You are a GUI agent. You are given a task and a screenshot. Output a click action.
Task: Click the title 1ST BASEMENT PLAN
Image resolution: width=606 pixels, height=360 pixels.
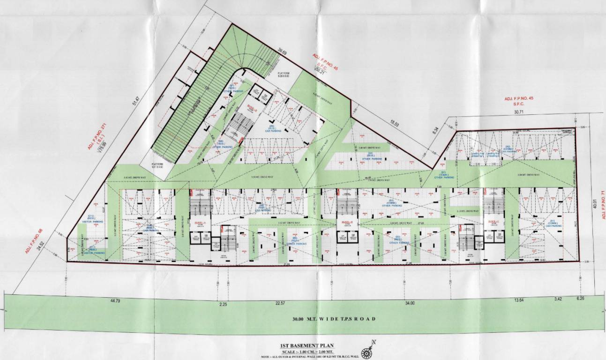(303, 345)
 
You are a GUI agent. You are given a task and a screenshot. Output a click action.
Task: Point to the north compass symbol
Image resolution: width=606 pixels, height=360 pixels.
(367, 351)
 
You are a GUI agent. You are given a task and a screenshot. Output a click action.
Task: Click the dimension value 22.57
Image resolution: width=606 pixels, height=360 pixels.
(280, 304)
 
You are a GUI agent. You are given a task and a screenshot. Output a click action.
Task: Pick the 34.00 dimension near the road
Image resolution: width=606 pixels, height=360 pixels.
(409, 304)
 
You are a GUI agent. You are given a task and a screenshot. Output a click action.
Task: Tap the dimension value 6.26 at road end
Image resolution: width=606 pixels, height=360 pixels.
(581, 298)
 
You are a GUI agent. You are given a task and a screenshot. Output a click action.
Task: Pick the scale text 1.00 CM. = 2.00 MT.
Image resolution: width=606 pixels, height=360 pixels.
(303, 352)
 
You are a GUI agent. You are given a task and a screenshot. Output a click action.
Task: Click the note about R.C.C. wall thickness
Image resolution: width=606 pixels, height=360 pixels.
(303, 357)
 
